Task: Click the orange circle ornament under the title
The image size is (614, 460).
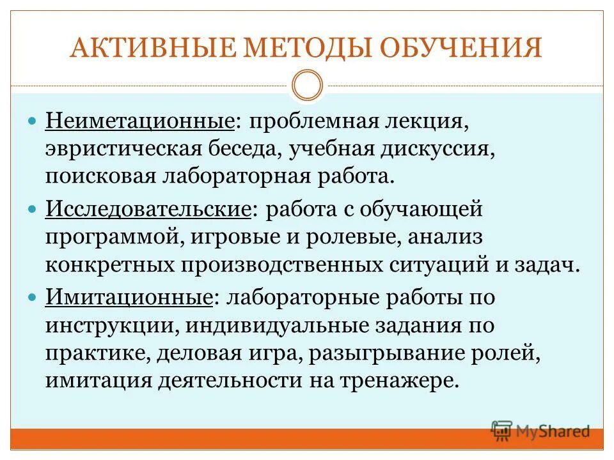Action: (307, 86)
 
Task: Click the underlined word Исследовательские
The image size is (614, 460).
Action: (146, 210)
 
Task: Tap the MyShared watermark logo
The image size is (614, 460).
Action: (540, 431)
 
